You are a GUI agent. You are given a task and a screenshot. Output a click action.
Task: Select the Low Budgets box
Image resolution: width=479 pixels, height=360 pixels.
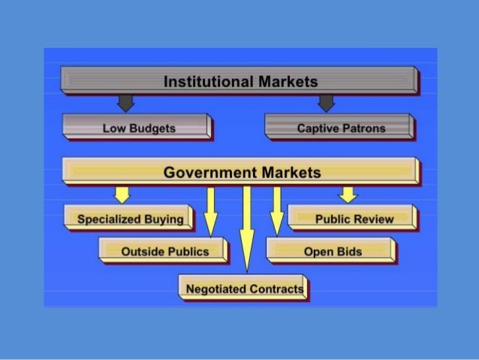[137, 128]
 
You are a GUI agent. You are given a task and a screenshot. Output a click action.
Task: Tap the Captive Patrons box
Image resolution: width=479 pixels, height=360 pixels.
[339, 128]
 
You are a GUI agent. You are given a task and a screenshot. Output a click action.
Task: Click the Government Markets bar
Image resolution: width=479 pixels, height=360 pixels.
[241, 172]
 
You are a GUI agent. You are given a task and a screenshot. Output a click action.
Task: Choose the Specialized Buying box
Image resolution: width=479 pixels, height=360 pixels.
[129, 219]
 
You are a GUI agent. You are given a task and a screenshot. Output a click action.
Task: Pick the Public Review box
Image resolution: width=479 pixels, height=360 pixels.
[353, 219]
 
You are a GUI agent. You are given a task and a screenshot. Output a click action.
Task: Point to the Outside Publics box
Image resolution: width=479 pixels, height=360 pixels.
[164, 250]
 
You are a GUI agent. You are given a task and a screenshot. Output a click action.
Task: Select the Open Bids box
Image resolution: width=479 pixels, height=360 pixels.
[331, 250]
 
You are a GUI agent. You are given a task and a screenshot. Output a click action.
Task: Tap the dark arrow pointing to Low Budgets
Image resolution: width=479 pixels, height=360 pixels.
[125, 102]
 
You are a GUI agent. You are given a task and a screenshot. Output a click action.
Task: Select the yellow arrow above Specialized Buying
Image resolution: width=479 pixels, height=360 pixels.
[122, 195]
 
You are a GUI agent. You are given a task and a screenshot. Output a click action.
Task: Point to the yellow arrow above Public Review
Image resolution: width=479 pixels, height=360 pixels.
[347, 195]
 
